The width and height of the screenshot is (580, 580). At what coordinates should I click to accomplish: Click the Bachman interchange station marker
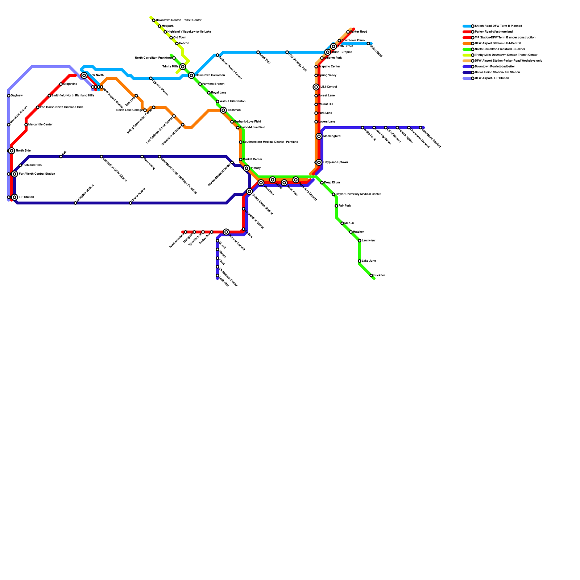223,110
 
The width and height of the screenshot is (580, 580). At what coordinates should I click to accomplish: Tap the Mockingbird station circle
319,136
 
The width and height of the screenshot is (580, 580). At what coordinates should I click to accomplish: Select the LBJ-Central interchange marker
316,87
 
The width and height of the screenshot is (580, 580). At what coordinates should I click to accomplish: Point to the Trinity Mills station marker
183,67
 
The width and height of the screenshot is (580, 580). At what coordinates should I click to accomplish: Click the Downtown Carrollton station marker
191,75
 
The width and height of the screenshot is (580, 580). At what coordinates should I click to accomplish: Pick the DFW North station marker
84,75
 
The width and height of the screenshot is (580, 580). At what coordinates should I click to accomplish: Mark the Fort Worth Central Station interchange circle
14,174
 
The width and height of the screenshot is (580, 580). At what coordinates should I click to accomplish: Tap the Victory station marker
246,168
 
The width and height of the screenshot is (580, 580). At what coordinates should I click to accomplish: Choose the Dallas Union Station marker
249,191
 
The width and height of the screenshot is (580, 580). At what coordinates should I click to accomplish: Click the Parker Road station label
359,32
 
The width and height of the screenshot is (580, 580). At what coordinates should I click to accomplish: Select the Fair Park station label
344,206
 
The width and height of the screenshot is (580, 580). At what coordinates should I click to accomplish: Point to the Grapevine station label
70,84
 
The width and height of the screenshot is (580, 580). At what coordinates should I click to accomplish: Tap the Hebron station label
184,43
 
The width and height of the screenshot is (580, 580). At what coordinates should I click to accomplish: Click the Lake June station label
369,261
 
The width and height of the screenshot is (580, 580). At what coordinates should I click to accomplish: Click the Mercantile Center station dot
26,125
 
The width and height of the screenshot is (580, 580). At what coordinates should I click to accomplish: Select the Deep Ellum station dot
322,183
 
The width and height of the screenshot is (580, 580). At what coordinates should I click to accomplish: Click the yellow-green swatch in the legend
467,55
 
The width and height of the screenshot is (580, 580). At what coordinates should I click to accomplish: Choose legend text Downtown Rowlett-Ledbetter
494,67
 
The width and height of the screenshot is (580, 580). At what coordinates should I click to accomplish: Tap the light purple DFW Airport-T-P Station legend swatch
467,78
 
